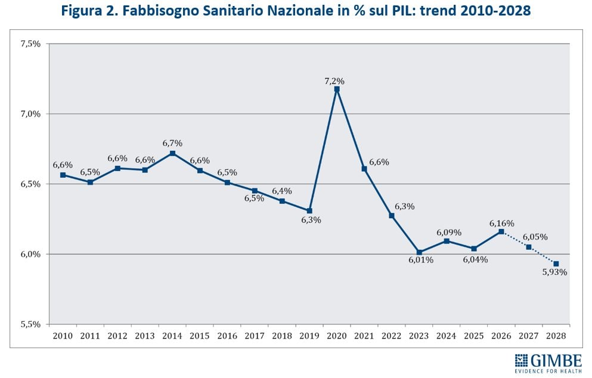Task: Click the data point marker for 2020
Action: point(337,89)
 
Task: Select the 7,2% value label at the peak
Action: point(335,80)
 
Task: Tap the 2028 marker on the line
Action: point(556,264)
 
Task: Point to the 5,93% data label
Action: point(555,272)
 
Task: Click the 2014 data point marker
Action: point(172,153)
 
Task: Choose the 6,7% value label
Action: point(172,143)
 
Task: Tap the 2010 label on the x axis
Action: point(63,336)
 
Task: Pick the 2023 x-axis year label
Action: point(419,336)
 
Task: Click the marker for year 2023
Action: point(419,252)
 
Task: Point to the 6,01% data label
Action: point(421,260)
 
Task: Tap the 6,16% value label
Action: point(501,223)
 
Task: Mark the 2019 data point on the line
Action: point(309,210)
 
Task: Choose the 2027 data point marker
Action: point(529,247)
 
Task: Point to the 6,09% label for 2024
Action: point(449,233)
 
